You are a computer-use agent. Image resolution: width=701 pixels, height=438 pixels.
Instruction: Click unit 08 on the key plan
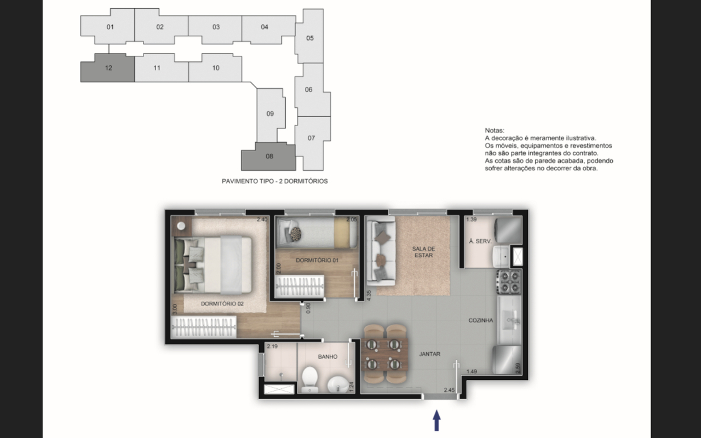coord(268,157)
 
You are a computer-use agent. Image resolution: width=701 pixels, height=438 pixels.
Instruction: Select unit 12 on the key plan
coord(108,68)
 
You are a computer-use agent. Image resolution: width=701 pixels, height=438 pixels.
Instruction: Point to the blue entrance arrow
coord(436,420)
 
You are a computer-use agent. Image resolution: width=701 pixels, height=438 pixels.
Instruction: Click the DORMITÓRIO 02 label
coord(222,304)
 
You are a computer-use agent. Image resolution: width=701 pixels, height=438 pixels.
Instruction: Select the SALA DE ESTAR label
coord(423,252)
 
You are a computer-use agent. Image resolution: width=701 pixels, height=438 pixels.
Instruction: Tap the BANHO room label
coord(327,356)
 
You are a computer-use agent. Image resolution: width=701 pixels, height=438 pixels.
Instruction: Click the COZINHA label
coord(481,320)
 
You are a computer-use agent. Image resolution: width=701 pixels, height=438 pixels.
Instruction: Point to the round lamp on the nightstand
coord(181,226)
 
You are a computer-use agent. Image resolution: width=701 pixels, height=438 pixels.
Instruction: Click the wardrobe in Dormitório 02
coord(204,327)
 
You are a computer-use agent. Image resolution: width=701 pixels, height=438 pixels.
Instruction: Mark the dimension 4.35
coord(369,295)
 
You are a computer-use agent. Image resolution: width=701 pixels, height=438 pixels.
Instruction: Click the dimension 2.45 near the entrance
coord(449,390)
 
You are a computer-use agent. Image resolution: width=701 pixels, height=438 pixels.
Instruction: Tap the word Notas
coord(495,130)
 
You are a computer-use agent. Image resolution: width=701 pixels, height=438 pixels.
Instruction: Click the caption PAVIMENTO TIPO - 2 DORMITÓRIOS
coord(275,181)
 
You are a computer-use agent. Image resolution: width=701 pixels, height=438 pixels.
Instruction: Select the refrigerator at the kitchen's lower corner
coord(507,360)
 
